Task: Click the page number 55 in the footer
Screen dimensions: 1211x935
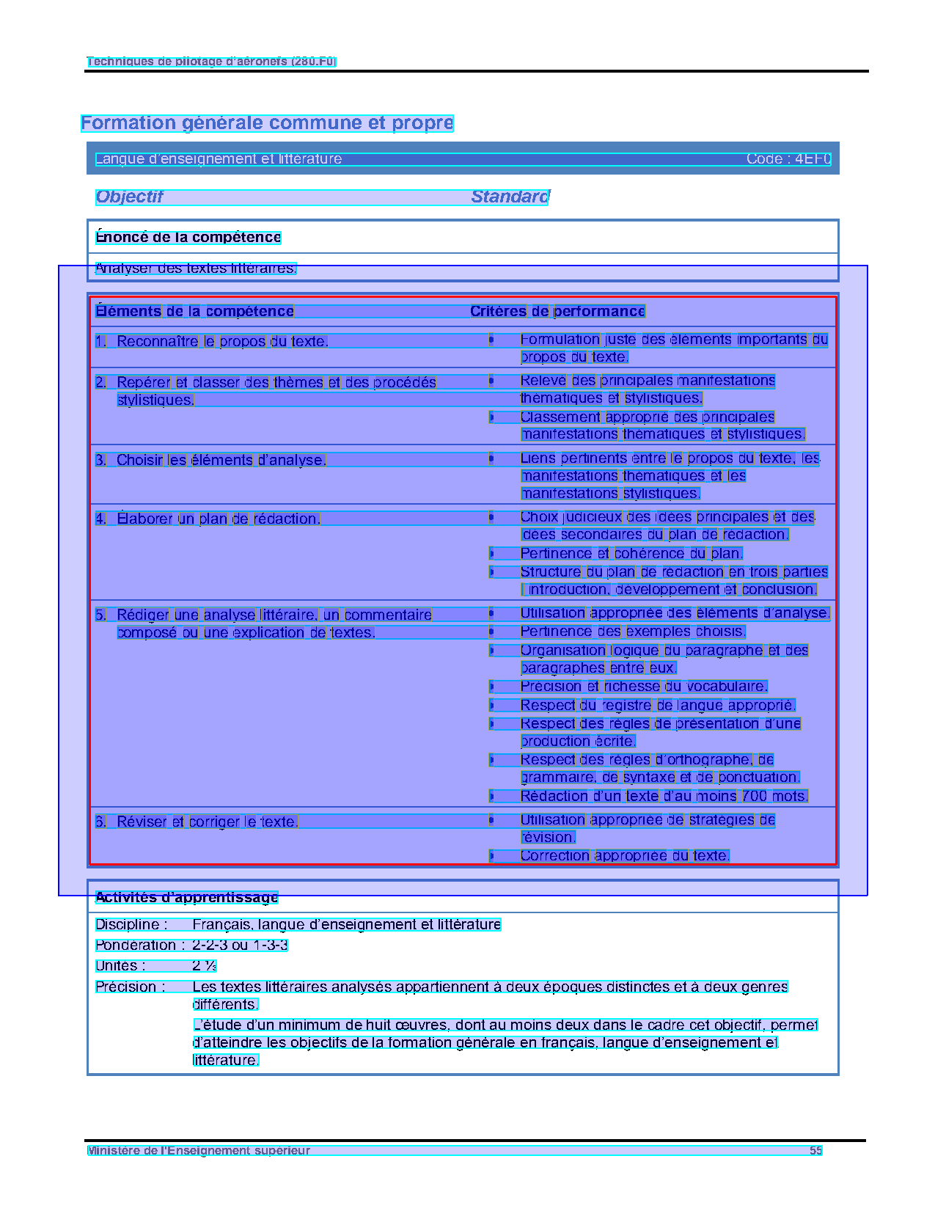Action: (815, 1150)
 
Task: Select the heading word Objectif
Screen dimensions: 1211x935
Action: (129, 197)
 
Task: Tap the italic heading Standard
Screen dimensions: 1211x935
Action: (510, 197)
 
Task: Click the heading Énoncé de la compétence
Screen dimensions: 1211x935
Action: (188, 237)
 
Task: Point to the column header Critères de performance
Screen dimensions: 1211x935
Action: (557, 311)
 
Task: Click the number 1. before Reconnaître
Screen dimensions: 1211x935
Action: (101, 341)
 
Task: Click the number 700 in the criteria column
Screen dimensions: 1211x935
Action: (754, 796)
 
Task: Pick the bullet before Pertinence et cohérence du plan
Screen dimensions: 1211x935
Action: (491, 553)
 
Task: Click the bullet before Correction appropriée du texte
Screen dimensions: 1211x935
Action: (491, 855)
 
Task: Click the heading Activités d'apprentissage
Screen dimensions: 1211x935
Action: (187, 897)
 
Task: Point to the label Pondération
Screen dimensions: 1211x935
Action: (136, 945)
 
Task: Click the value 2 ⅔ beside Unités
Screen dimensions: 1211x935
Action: (204, 965)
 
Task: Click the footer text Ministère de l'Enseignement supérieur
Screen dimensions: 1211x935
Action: (199, 1150)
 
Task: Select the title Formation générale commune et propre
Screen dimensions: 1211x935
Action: (267, 123)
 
